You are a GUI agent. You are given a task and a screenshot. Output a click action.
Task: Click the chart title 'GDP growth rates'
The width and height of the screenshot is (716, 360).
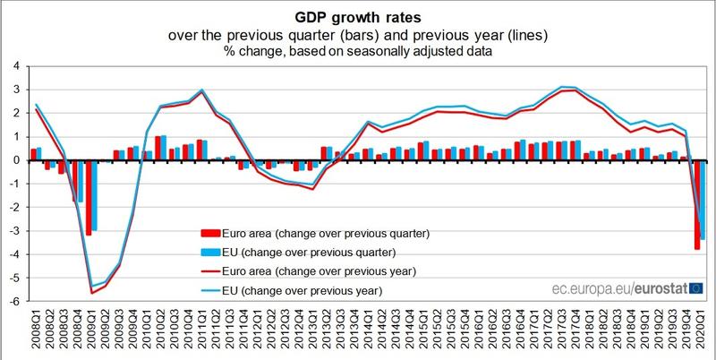358,15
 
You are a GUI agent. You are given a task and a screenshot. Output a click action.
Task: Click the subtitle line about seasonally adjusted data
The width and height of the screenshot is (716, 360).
358,53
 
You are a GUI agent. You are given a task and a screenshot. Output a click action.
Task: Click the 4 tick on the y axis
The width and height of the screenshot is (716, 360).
15,66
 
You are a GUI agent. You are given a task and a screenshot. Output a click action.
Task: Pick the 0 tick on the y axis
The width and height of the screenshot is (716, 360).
15,161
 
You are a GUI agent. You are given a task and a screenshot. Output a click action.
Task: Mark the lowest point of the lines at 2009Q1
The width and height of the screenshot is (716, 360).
91,291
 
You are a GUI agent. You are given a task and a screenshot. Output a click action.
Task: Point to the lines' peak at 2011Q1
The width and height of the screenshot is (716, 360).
201,90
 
